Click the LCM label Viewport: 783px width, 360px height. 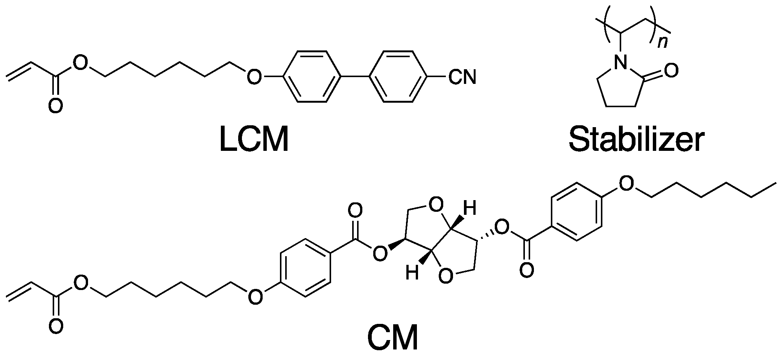pos(254,140)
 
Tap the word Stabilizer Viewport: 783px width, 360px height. pos(636,140)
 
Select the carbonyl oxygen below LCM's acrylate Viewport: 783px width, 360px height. pos(55,106)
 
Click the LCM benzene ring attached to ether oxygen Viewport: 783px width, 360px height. pos(312,77)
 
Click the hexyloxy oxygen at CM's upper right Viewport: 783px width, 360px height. pos(625,184)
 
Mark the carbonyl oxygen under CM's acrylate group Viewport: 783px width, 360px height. pos(55,325)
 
